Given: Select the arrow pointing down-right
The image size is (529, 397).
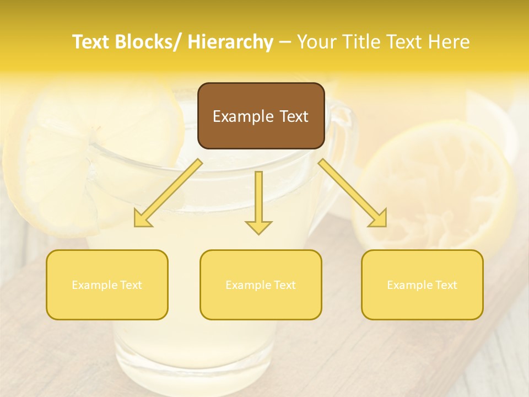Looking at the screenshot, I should click(x=353, y=193).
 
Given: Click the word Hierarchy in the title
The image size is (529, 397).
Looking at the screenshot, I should click(x=230, y=42).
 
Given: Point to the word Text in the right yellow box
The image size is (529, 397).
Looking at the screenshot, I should click(x=446, y=285).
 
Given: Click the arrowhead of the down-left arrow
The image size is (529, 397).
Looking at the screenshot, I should click(x=142, y=219).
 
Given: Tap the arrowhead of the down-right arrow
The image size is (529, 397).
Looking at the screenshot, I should click(x=379, y=219).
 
